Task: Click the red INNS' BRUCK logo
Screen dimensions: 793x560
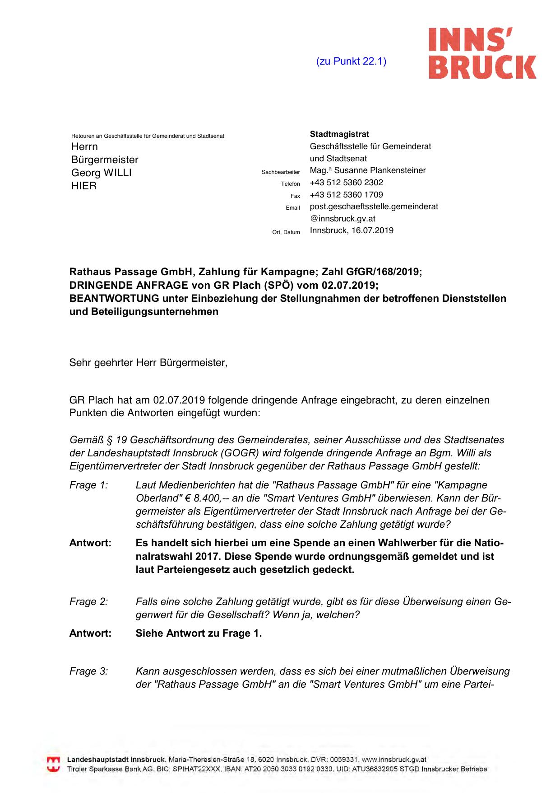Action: click(482, 53)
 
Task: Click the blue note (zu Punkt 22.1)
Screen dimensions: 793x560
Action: click(351, 61)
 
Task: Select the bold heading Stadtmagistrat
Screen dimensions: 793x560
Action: click(339, 134)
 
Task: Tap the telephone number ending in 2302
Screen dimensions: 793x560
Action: click(346, 183)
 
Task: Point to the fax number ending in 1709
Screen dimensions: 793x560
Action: click(346, 195)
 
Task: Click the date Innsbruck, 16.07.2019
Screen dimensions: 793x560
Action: click(352, 230)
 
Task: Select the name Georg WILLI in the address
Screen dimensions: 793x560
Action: click(101, 173)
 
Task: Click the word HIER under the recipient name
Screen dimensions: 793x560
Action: click(84, 186)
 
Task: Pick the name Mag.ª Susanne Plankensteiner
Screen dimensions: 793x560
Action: click(368, 170)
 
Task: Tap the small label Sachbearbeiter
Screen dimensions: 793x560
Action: click(281, 172)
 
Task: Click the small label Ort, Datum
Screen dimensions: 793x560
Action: click(286, 232)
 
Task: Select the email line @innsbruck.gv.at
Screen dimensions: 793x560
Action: click(342, 219)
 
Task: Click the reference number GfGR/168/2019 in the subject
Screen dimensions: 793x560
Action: click(383, 272)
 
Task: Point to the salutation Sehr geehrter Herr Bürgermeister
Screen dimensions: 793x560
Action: click(148, 363)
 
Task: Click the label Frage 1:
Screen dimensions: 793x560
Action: click(88, 485)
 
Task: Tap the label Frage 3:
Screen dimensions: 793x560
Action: click(88, 671)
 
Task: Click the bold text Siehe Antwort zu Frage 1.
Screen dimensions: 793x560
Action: click(199, 633)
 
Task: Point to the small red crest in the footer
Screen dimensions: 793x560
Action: click(53, 764)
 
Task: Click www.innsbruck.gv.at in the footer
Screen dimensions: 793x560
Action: click(394, 760)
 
